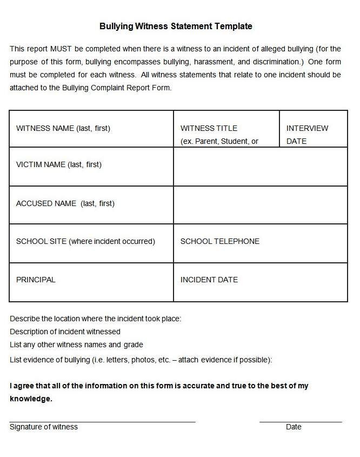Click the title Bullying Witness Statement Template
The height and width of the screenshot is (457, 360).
(176, 26)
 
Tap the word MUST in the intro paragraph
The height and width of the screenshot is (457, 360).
(61, 48)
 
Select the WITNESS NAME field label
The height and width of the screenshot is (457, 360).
(63, 128)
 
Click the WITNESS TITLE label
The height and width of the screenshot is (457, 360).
(209, 128)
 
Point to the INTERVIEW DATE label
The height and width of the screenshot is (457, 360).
(307, 134)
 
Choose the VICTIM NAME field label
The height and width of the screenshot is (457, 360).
(59, 164)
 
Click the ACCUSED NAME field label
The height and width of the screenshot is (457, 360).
(65, 203)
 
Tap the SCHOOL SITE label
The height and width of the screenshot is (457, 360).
(85, 241)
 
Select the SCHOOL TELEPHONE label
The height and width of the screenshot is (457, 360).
(220, 241)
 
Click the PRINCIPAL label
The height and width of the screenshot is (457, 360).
(36, 280)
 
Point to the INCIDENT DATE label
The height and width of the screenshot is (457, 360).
(209, 280)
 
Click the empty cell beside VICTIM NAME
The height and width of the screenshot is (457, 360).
(260, 167)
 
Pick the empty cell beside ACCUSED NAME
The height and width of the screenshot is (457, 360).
(260, 205)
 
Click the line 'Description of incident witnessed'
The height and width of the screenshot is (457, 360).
(65, 332)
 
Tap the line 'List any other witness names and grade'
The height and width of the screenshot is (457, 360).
(76, 345)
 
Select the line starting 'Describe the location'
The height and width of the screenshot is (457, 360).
(95, 319)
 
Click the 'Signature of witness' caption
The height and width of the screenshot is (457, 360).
(44, 427)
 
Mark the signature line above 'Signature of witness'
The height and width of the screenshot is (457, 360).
(102, 421)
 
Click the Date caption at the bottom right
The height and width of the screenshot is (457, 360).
(294, 427)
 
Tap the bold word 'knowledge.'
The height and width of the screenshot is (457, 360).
(31, 399)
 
